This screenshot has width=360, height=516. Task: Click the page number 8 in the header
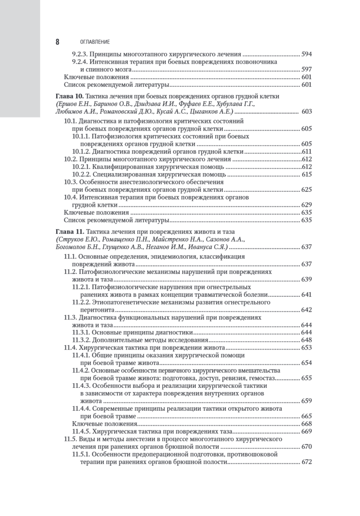click(x=57, y=42)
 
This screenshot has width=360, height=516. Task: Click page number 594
click(x=306, y=55)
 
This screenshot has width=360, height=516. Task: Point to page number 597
click(x=306, y=69)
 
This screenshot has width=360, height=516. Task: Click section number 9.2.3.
click(x=80, y=55)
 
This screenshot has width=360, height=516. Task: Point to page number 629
click(x=306, y=204)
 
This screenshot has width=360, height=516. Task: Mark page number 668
click(x=306, y=424)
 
